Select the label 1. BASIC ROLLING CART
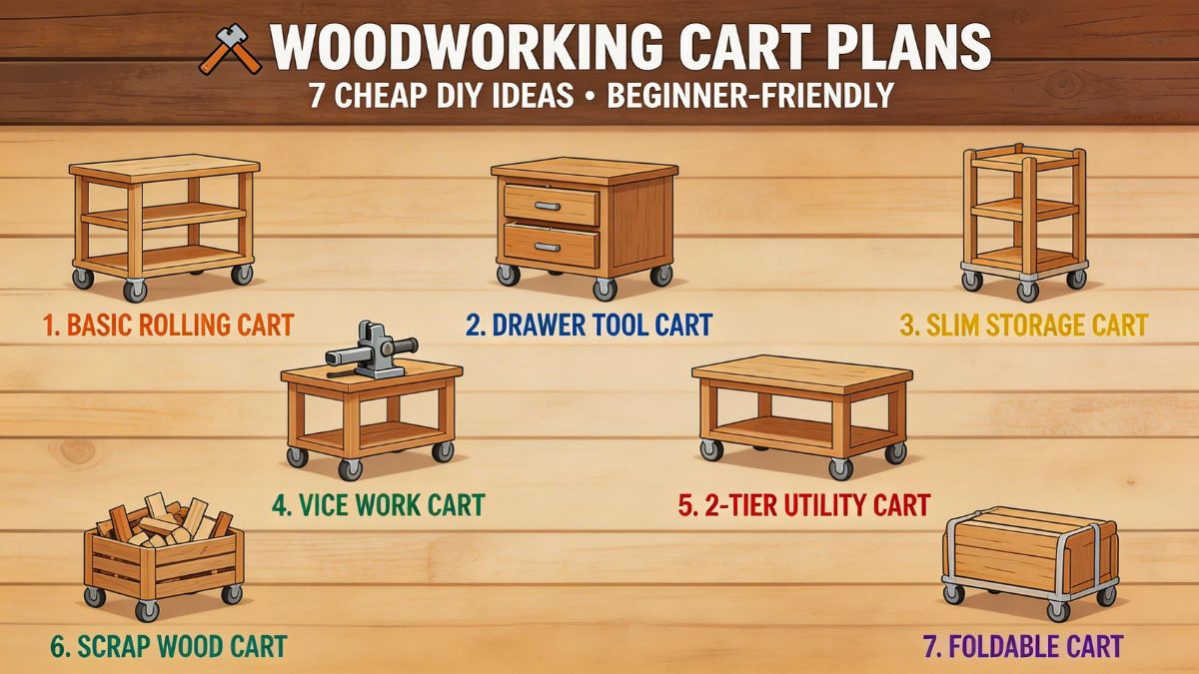pyautogui.click(x=168, y=325)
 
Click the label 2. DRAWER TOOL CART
pyautogui.click(x=589, y=325)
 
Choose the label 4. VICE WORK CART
pyautogui.click(x=378, y=504)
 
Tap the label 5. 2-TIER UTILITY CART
pyautogui.click(x=803, y=504)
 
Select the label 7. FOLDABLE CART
pyautogui.click(x=1022, y=646)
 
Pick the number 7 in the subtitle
pyautogui.click(x=316, y=97)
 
